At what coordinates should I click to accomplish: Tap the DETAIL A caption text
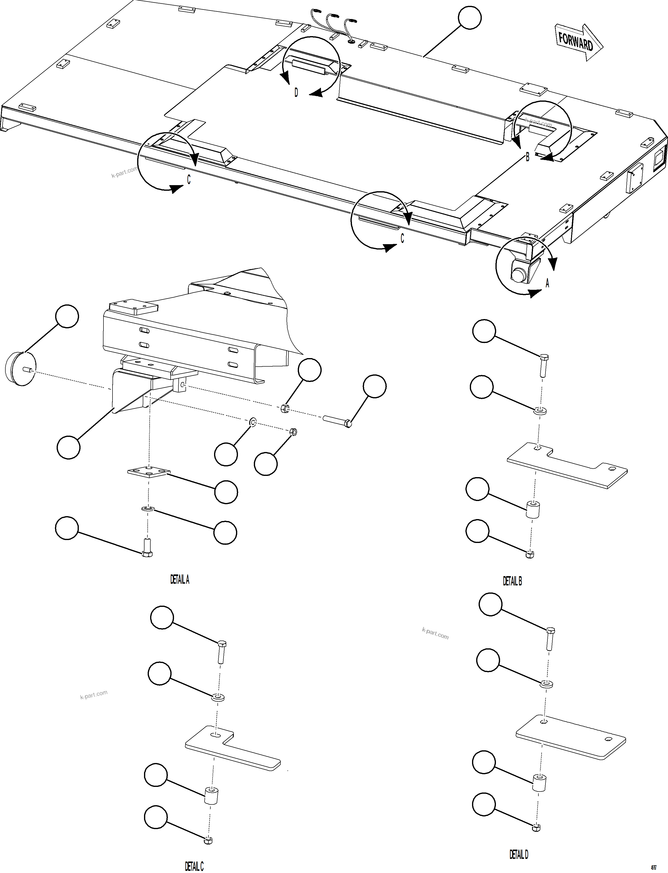(180, 580)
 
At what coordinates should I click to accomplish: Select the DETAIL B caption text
(512, 581)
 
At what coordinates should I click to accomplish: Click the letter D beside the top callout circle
(296, 93)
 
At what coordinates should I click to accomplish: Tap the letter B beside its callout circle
(528, 157)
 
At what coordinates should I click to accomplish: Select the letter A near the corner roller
(547, 283)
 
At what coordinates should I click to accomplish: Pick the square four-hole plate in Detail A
(148, 472)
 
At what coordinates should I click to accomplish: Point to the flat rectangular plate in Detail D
(571, 737)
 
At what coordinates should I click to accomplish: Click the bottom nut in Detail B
(530, 555)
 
